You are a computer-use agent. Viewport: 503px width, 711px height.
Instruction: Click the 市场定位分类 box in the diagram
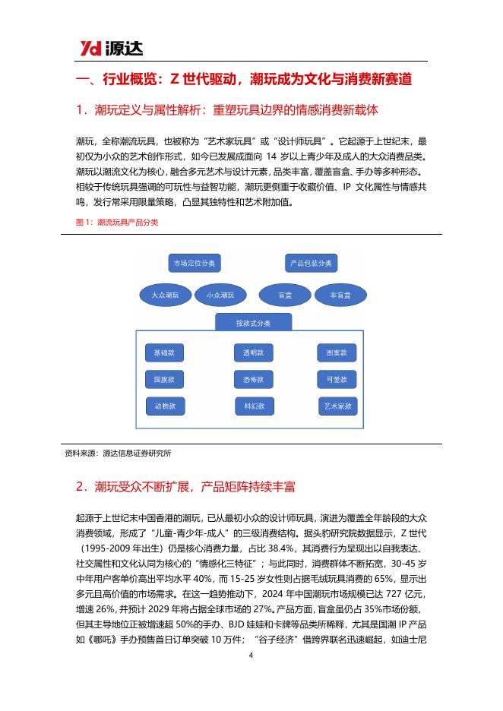point(191,264)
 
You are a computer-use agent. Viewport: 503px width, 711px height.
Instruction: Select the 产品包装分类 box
point(309,264)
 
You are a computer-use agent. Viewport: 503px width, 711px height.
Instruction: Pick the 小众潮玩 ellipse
point(220,295)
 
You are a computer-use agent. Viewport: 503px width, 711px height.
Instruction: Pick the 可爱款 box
point(337,379)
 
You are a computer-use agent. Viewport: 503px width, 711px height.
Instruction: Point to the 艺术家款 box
point(337,406)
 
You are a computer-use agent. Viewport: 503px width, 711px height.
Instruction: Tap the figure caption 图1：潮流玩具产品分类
point(112,223)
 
